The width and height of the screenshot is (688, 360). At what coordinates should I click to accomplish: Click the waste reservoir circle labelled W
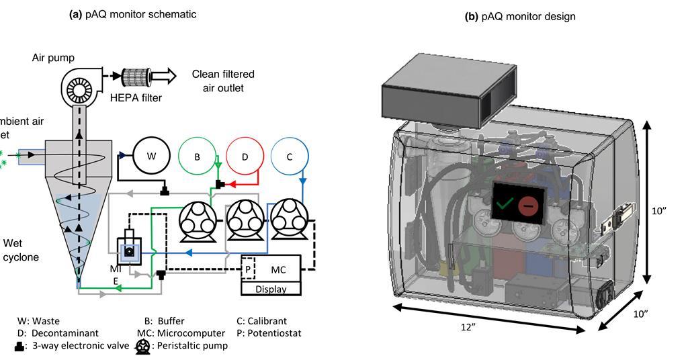click(x=152, y=156)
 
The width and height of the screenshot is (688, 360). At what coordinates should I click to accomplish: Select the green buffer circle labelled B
click(x=198, y=156)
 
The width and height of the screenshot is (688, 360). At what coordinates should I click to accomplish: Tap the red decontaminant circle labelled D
click(x=245, y=156)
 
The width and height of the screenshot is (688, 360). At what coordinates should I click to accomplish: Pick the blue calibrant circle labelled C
click(x=290, y=156)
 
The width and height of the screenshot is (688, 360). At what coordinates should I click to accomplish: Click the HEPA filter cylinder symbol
click(x=136, y=76)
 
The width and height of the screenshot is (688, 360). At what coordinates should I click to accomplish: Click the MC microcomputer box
click(x=278, y=269)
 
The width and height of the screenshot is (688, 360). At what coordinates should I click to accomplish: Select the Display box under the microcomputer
click(x=271, y=289)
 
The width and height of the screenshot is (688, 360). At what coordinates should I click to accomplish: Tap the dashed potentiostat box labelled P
click(x=248, y=269)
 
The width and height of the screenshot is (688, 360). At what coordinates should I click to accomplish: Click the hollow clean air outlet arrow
click(x=163, y=76)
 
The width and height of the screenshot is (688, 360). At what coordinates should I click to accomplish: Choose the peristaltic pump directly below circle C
click(x=289, y=218)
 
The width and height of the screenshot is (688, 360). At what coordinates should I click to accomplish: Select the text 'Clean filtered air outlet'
click(x=223, y=81)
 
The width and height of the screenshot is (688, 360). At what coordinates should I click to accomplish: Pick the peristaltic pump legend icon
click(x=143, y=346)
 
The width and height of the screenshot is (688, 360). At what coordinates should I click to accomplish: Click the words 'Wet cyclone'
click(x=21, y=250)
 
